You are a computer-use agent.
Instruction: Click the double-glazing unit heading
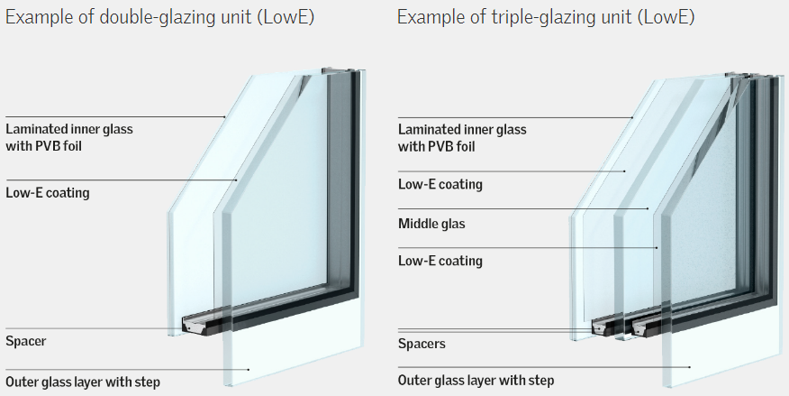(x=160, y=18)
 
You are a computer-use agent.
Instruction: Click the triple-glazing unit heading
(x=546, y=18)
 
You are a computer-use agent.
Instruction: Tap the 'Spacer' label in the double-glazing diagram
(x=25, y=341)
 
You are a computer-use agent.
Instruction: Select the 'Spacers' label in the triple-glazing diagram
(x=422, y=344)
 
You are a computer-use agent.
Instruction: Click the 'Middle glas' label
(x=431, y=224)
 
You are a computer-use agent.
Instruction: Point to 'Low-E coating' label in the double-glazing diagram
(x=48, y=193)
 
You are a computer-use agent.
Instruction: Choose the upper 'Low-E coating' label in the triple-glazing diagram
(x=440, y=184)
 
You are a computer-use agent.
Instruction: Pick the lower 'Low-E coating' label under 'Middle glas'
(x=440, y=261)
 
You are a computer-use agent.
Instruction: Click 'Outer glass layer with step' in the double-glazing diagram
(x=83, y=382)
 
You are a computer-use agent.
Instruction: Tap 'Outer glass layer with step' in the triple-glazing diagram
(x=476, y=380)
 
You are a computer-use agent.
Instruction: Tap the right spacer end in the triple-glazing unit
(x=641, y=328)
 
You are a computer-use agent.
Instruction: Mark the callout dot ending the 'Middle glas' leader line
(x=648, y=208)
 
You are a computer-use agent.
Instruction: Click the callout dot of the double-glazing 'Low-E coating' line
(x=237, y=180)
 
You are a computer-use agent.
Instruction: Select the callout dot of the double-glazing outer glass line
(x=249, y=369)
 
